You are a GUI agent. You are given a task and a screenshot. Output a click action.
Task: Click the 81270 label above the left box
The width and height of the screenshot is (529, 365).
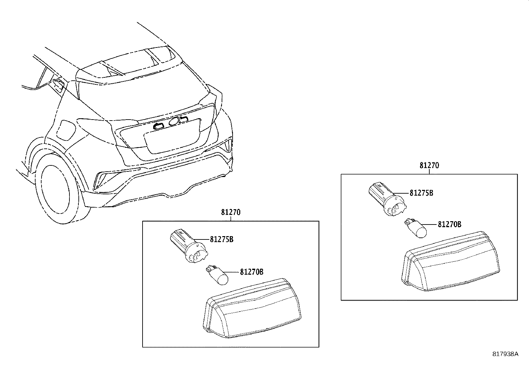(231, 212)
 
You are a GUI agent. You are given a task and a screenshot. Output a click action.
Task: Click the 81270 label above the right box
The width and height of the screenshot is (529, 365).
(429, 165)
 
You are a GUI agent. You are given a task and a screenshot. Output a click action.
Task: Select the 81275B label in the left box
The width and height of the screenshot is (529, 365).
(221, 239)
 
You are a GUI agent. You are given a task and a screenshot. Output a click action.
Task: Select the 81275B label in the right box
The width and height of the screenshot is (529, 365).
(421, 193)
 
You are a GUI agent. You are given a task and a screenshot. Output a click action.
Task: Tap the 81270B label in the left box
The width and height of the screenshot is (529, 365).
(252, 272)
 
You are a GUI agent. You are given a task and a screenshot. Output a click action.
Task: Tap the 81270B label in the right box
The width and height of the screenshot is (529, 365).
(449, 225)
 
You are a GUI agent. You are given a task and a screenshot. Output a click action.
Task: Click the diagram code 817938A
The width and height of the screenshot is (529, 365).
(505, 354)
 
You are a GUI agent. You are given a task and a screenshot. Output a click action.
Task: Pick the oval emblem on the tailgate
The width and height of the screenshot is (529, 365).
(174, 122)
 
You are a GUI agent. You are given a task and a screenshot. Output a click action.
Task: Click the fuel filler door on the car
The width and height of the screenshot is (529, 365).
(66, 130)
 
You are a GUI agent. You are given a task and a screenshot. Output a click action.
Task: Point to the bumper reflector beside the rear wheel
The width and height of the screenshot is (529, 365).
(100, 181)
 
